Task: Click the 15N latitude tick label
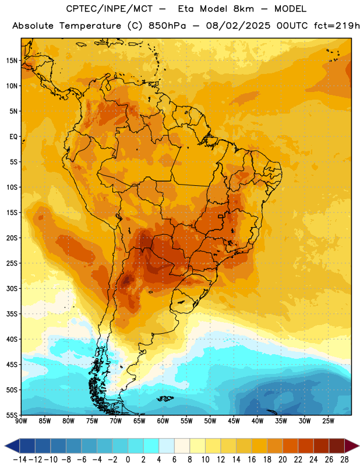point(12,61)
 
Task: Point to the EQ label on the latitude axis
point(13,137)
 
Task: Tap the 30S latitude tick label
point(12,288)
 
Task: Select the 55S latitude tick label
point(12,415)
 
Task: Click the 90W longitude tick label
point(21,421)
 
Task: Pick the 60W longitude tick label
point(163,421)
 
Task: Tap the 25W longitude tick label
point(328,421)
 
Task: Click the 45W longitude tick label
point(234,421)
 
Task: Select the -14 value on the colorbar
point(20,460)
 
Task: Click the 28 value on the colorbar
point(344,460)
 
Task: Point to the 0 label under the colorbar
point(128,460)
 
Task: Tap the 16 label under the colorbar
point(252,460)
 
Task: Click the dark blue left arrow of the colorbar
point(12,446)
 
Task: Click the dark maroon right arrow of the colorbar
point(352,446)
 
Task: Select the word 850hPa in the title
point(167,26)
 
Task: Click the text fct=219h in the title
point(337,26)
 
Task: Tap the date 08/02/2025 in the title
point(238,26)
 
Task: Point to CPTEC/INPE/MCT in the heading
point(110,9)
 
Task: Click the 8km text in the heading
point(243,9)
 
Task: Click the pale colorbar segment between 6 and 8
point(182,446)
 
